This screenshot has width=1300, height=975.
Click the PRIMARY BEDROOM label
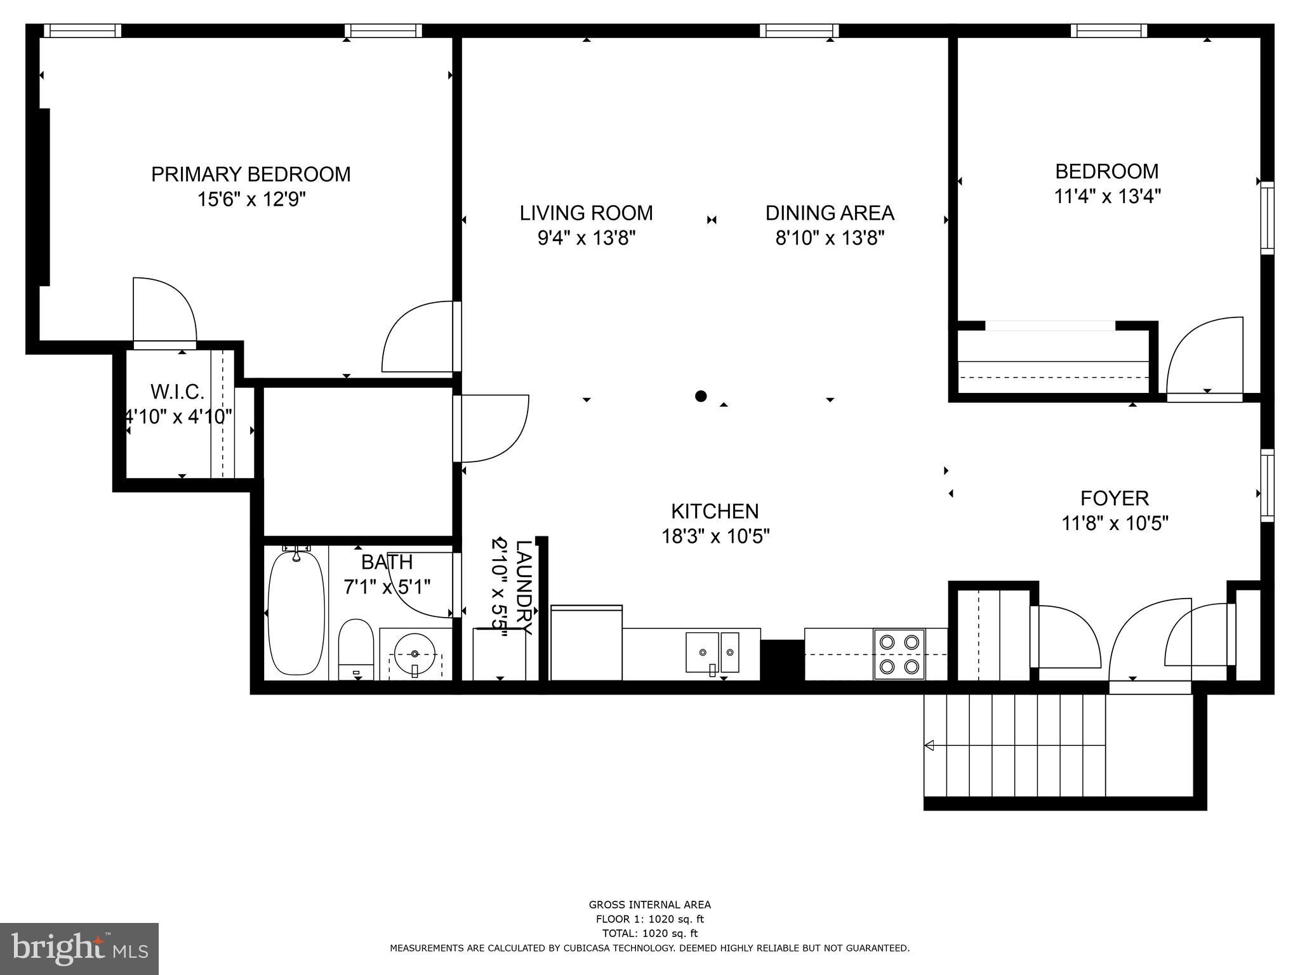click(251, 174)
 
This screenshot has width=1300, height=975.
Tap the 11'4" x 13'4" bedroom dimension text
click(1107, 196)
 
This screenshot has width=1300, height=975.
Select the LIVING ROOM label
click(586, 213)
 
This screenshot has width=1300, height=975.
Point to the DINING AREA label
click(830, 213)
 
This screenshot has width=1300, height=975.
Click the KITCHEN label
click(715, 511)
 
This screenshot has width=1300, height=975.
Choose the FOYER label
click(1115, 498)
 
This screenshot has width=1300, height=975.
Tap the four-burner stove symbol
click(899, 654)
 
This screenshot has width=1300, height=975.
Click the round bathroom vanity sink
click(415, 653)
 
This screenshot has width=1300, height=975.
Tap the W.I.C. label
click(177, 392)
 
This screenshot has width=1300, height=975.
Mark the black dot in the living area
click(701, 396)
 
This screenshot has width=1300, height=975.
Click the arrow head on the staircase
click(929, 745)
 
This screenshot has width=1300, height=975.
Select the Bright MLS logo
click(79, 948)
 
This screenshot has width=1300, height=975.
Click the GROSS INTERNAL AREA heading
click(649, 905)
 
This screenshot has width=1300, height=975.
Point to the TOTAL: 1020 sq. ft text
click(649, 933)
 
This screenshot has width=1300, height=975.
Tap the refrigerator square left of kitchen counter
click(586, 642)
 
